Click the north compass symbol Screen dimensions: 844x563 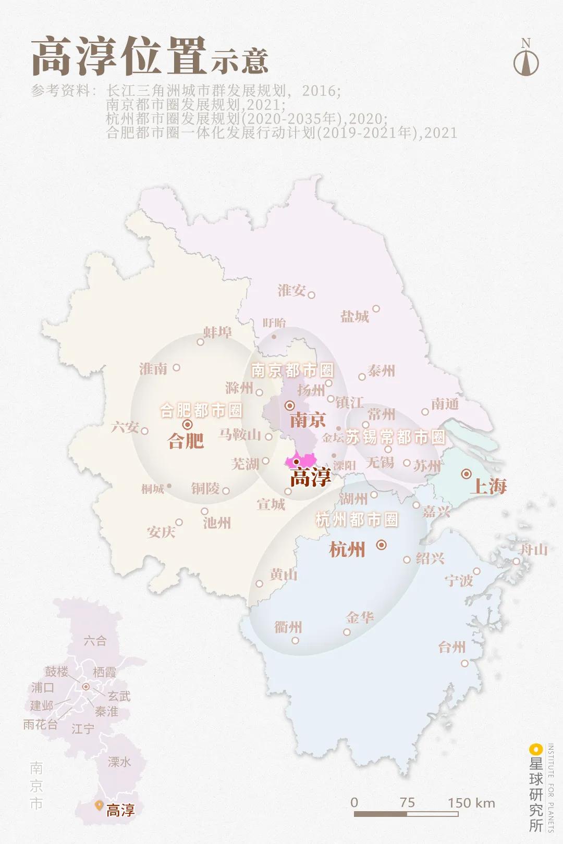coord(526,58)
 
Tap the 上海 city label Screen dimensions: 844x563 coord(488,486)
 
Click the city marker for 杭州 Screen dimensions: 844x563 coord(382,545)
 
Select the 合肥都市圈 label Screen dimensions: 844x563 coord(201,411)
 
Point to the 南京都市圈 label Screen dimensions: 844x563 coord(292,370)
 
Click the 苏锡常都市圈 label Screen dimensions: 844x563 coord(396,437)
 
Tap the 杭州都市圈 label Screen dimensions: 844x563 coord(357,519)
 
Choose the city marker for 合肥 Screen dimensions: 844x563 coord(188,425)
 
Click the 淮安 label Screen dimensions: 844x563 coord(291,290)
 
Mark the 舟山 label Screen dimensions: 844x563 coord(534,549)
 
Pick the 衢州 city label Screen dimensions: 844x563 coord(288,627)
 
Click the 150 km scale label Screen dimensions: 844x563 coord(471,802)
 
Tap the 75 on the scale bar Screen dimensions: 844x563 coord(407,802)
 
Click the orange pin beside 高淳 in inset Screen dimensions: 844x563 coord(98,805)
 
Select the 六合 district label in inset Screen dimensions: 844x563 coord(95,641)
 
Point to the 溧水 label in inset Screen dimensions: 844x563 coord(119,762)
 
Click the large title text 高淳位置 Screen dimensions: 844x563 coord(119,56)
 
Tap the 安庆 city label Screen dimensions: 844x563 coord(161,532)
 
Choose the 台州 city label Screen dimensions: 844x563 coord(451,647)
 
